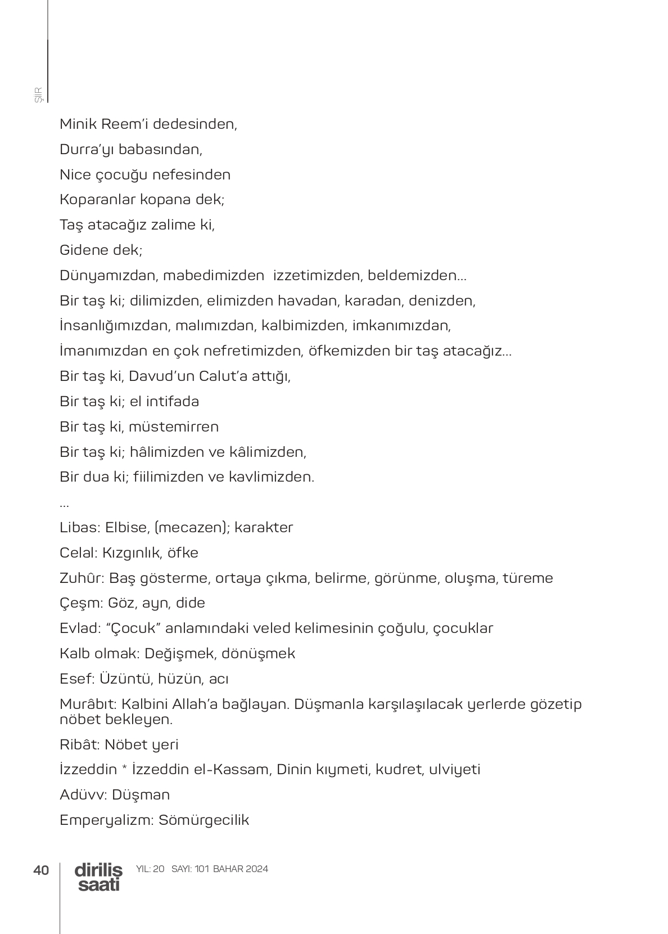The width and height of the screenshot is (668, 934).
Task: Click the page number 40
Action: (x=41, y=870)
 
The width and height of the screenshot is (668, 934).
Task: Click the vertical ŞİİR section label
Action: (x=39, y=95)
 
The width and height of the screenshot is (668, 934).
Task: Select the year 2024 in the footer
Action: (x=257, y=869)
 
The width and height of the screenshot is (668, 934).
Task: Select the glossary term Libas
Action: (x=79, y=527)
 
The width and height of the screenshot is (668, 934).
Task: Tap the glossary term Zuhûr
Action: (x=82, y=578)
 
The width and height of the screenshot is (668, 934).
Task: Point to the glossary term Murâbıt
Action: (x=87, y=704)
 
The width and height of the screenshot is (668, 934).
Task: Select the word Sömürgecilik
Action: (x=204, y=820)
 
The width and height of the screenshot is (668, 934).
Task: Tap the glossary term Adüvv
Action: (x=82, y=794)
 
